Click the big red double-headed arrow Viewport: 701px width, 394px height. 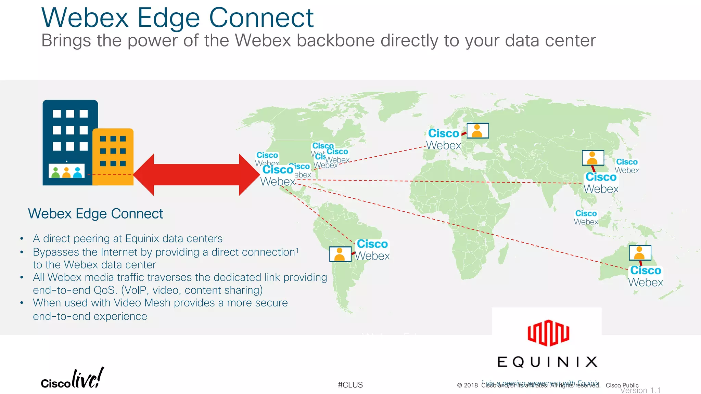coord(196,175)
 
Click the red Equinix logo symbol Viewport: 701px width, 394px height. coord(548,333)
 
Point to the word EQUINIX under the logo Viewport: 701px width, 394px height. coord(547,362)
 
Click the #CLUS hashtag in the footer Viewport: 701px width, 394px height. coord(350,385)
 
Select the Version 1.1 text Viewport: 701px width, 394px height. coord(640,390)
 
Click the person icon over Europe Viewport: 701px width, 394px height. coord(477,131)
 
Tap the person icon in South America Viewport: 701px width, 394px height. coord(340,254)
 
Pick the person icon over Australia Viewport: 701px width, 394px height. coord(640,253)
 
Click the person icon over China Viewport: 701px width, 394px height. coord(592,158)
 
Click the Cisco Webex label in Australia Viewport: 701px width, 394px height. coord(646,276)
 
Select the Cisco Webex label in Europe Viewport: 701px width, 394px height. coord(444,139)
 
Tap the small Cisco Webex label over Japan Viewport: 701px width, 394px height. coord(627,166)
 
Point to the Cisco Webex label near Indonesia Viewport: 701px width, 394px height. coord(586,218)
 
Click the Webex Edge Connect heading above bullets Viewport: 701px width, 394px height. coord(95,214)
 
